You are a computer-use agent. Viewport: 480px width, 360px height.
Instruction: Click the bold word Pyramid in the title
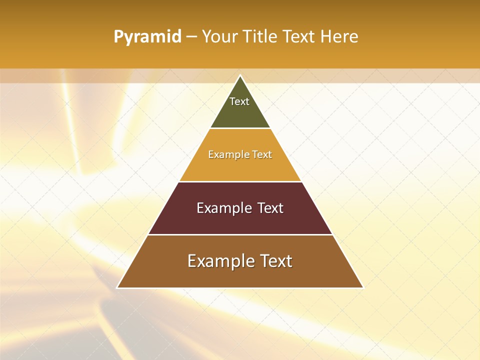pyautogui.click(x=147, y=37)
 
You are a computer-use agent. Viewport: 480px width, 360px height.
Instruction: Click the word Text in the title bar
pyautogui.click(x=299, y=37)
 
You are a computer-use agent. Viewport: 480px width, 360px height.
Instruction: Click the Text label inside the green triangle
pyautogui.click(x=239, y=101)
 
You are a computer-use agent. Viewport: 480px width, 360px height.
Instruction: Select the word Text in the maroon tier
pyautogui.click(x=270, y=208)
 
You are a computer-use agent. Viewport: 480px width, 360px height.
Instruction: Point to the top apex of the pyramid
pyautogui.click(x=240, y=76)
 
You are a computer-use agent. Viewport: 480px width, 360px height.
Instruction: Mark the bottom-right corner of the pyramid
pyautogui.click(x=362, y=287)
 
